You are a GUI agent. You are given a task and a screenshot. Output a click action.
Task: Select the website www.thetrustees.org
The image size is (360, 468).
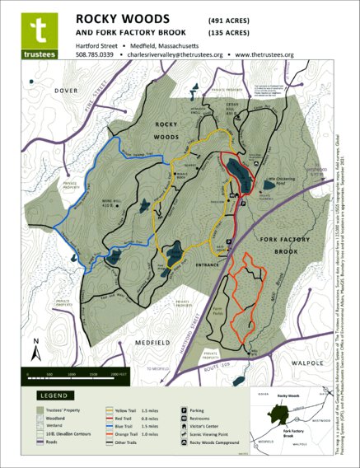click(264, 54)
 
